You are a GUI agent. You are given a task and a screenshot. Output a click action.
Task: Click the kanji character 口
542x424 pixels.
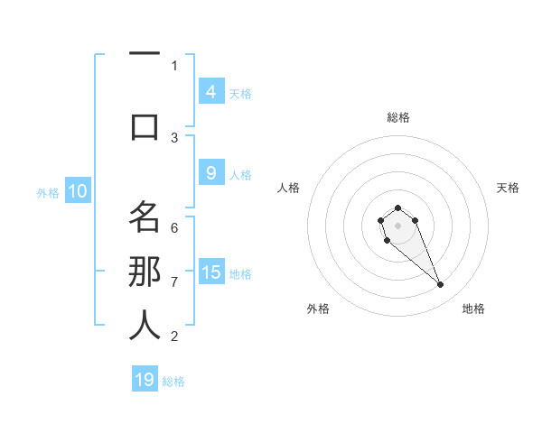tap(145, 127)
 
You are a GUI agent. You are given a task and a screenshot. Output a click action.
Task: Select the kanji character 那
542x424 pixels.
tap(145, 272)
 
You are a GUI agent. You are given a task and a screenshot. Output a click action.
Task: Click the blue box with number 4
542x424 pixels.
tap(210, 91)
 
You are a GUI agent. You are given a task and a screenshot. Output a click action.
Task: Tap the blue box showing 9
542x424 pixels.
tap(210, 173)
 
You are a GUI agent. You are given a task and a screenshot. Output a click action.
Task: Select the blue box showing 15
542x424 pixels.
tap(211, 272)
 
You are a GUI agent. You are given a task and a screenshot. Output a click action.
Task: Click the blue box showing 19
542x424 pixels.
tap(145, 380)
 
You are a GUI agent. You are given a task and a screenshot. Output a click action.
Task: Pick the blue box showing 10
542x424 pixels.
tap(78, 191)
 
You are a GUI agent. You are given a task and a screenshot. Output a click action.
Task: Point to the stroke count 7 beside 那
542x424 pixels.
tap(174, 281)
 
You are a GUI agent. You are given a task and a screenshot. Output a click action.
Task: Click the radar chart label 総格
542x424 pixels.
tap(397, 117)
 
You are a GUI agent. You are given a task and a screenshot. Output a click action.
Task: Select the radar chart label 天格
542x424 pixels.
tap(509, 188)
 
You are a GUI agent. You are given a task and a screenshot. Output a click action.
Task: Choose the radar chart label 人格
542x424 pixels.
tap(288, 188)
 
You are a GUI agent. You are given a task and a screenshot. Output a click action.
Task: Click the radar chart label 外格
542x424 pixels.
tap(318, 309)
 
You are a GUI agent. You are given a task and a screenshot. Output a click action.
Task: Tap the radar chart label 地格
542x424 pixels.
tap(473, 309)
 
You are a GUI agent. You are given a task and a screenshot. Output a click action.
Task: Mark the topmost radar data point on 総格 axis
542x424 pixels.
tap(397, 207)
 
